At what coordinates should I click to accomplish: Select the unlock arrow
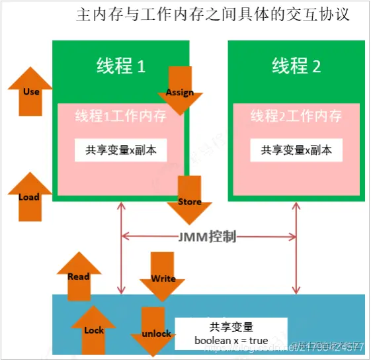pyautogui.click(x=156, y=330)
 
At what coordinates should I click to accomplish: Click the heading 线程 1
pyautogui.click(x=120, y=66)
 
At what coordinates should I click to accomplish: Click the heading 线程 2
pyautogui.click(x=296, y=66)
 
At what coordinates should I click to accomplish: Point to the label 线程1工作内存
pyautogui.click(x=120, y=116)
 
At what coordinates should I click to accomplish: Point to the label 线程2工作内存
pyautogui.click(x=296, y=116)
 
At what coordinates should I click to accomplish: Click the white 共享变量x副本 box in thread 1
pyautogui.click(x=120, y=150)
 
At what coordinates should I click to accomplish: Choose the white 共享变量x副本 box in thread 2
pyautogui.click(x=296, y=150)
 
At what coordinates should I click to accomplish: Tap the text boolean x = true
pyautogui.click(x=231, y=341)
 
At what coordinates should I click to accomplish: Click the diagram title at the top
pyautogui.click(x=213, y=15)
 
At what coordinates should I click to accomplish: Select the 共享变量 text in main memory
pyautogui.click(x=231, y=327)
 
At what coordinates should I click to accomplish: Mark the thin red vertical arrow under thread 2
pyautogui.click(x=296, y=248)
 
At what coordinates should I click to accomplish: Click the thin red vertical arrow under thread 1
pyautogui.click(x=121, y=248)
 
